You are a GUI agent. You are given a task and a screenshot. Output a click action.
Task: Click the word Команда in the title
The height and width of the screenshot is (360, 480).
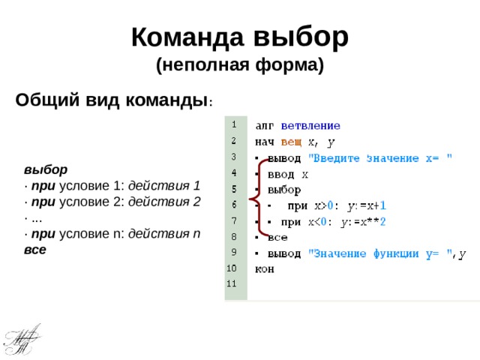click(x=187, y=37)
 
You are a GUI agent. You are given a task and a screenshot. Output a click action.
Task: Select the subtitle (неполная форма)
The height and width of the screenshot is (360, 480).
click(x=240, y=66)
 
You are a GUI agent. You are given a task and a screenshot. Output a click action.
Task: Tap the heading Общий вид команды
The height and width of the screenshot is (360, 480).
click(x=112, y=100)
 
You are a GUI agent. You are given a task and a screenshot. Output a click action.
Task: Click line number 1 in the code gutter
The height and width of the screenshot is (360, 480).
click(x=234, y=124)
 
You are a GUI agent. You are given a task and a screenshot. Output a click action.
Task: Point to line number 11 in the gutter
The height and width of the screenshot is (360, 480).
click(x=232, y=283)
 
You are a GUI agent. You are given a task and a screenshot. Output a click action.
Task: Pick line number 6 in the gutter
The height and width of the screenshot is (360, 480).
click(x=234, y=204)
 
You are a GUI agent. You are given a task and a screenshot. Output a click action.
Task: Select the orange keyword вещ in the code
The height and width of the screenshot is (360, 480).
click(x=292, y=142)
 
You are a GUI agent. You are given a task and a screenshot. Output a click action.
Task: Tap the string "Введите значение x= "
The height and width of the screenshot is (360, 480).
click(x=382, y=157)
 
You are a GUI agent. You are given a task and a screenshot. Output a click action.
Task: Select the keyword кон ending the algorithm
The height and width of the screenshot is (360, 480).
click(x=265, y=268)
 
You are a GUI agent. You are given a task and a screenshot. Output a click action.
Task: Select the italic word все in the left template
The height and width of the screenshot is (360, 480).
click(x=34, y=249)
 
